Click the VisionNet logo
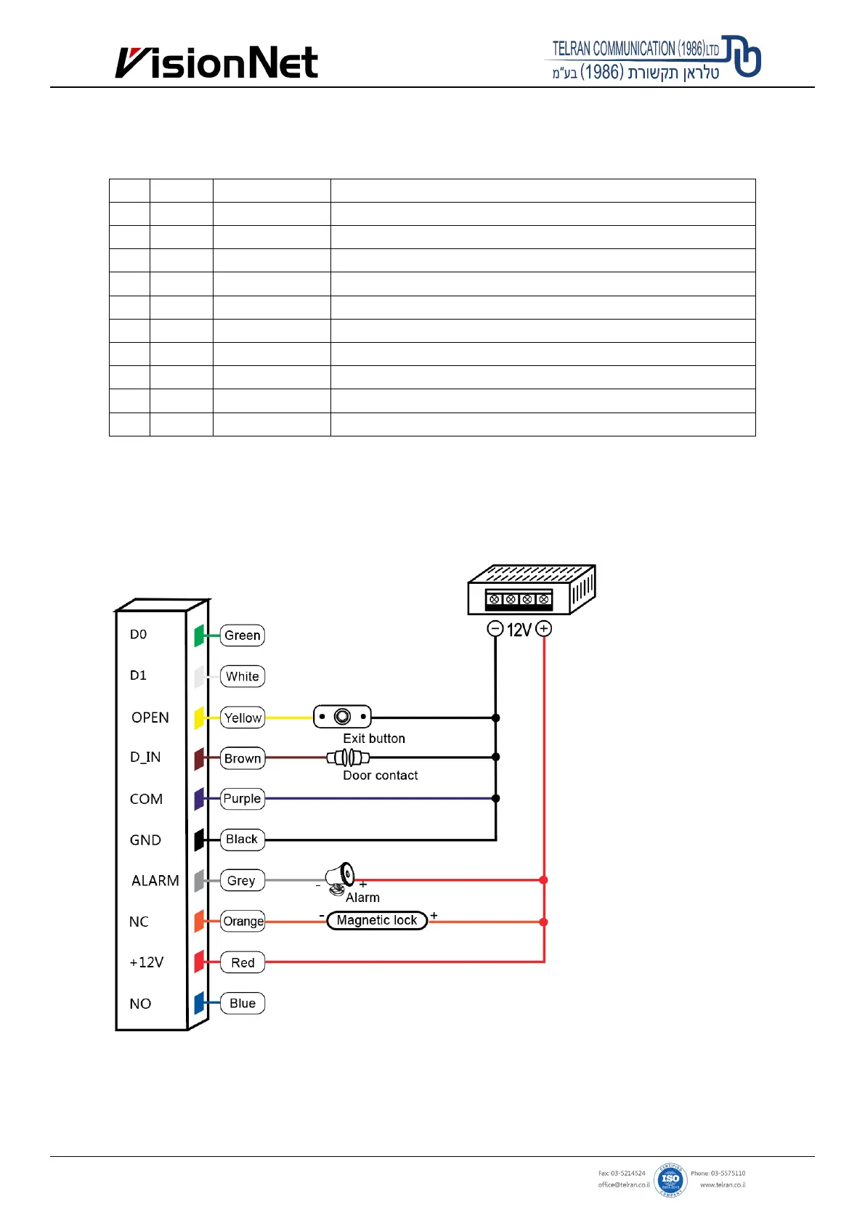click(x=216, y=63)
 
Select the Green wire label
click(x=243, y=635)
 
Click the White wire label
click(x=243, y=677)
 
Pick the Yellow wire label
click(x=243, y=718)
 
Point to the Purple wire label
click(x=242, y=799)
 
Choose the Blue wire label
click(x=243, y=1004)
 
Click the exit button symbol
click(x=342, y=717)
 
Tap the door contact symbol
click(x=348, y=758)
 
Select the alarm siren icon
click(x=341, y=877)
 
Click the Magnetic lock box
click(x=377, y=921)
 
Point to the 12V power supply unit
click(x=531, y=590)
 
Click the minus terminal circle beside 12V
click(x=495, y=629)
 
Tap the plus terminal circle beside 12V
click(x=544, y=629)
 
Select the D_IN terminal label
click(x=145, y=757)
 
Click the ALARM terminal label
click(x=155, y=881)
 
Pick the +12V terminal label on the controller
click(x=147, y=962)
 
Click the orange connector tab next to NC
click(x=199, y=921)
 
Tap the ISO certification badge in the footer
click(x=670, y=1179)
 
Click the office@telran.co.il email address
click(x=623, y=1185)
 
